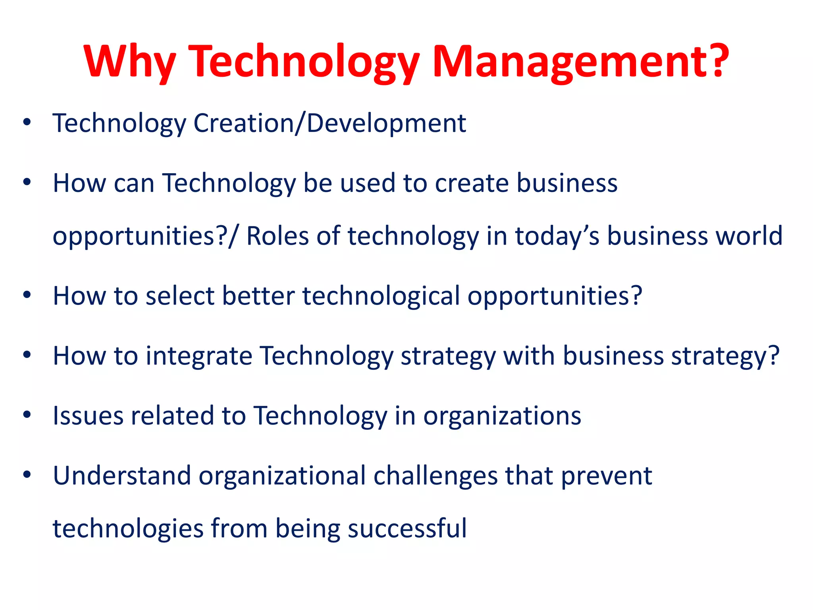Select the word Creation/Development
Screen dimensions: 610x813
point(329,124)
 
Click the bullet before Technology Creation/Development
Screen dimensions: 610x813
point(27,122)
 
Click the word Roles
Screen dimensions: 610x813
point(277,236)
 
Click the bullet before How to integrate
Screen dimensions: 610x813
point(27,355)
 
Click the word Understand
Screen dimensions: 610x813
point(122,476)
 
